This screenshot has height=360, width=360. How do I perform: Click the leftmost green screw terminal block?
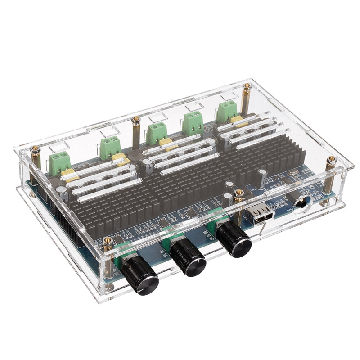click(60, 163)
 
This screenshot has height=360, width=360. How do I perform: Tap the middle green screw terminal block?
click(156, 132)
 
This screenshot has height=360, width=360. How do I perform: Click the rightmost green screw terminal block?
click(227, 111)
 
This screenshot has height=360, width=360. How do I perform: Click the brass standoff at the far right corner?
click(331, 173)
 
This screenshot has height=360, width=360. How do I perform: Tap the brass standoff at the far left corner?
click(35, 162)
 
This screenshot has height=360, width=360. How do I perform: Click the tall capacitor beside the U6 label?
click(261, 178)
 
